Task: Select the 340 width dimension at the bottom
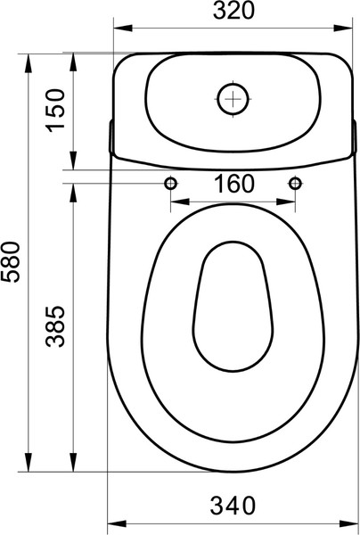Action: (233, 506)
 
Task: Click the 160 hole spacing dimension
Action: (233, 185)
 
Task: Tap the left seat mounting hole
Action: (169, 183)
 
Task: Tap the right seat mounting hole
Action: (295, 183)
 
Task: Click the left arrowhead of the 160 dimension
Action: (173, 202)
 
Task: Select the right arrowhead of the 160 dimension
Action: (291, 202)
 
